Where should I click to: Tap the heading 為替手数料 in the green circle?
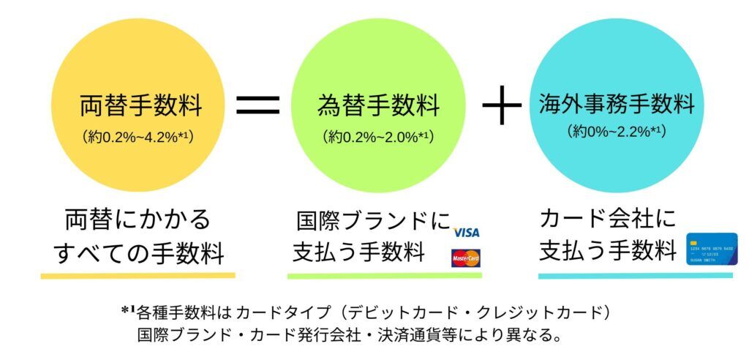click(378, 107)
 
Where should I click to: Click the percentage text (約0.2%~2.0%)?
click(378, 136)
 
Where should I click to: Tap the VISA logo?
click(466, 233)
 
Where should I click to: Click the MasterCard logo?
click(466, 258)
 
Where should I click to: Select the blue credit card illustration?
click(712, 249)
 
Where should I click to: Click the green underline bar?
click(385, 276)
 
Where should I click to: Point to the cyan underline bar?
click(635, 276)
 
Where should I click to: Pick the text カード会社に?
click(608, 218)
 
